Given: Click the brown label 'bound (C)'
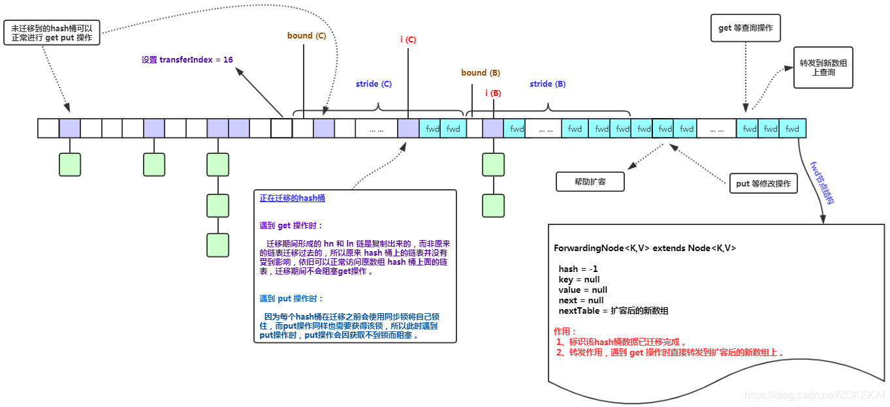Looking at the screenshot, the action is click(x=306, y=36).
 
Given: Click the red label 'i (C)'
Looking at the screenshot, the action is click(x=408, y=40).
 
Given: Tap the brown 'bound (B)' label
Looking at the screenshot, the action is click(x=481, y=73).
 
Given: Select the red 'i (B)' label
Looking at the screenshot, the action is click(x=493, y=93).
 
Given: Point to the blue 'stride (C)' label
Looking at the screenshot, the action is click(x=373, y=84).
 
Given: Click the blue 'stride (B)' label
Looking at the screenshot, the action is click(x=547, y=84).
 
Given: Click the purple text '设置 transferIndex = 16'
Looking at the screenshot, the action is click(x=187, y=60).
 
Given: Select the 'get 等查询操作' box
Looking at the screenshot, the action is click(x=746, y=28).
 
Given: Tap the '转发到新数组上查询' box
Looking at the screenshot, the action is click(x=823, y=67).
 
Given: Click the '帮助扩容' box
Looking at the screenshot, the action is click(x=590, y=182).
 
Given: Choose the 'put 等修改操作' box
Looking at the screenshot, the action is click(x=763, y=184).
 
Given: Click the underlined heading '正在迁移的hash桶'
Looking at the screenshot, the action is click(x=292, y=198).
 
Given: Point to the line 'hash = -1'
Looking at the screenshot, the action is click(x=578, y=269).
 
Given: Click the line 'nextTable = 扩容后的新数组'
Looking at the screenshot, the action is click(x=613, y=310).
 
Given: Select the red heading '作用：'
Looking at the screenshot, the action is click(x=565, y=331).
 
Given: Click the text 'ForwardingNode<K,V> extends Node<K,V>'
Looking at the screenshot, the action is click(x=645, y=249).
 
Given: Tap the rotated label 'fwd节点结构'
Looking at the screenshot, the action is click(x=821, y=183).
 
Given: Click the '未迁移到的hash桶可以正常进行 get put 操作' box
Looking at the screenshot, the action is click(x=52, y=33).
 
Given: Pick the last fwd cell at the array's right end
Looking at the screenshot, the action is click(x=793, y=128).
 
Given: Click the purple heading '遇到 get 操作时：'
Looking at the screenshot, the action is click(x=291, y=226).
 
